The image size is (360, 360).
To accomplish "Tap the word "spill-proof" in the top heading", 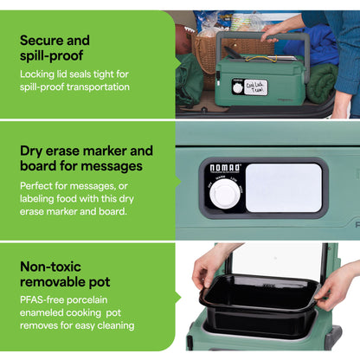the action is (x=52, y=55).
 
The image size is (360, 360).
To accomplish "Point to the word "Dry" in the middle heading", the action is (x=31, y=151).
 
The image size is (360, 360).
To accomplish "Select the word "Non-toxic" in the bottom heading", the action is (x=50, y=267).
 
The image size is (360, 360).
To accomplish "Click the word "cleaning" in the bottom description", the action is (x=116, y=325).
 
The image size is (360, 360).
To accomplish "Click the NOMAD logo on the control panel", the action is (x=225, y=168).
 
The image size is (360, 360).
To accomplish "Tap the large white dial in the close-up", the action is (x=224, y=194).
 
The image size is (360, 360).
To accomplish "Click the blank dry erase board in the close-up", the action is (x=284, y=188).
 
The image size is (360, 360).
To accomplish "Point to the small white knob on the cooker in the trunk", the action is (x=238, y=88).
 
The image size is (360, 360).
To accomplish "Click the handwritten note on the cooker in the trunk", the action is (x=255, y=87).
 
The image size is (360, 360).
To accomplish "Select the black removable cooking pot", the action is (x=260, y=305).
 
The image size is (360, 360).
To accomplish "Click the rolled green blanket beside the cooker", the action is (x=322, y=83).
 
